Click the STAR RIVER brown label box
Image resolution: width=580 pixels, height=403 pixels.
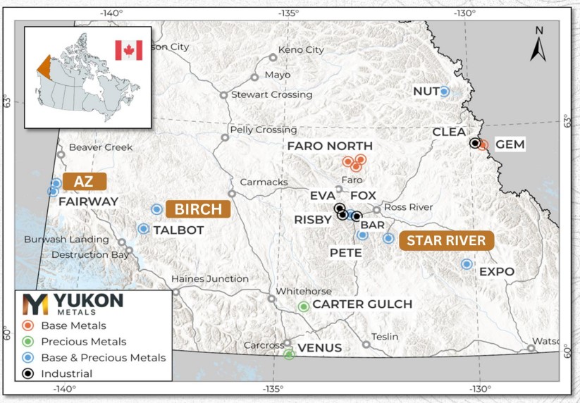point(445,241)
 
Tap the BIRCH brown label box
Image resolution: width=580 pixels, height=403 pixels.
point(198,209)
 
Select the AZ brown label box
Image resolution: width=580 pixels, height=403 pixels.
point(84,182)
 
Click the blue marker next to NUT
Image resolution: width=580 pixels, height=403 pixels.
point(445,91)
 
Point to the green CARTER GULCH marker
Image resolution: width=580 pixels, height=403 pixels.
point(304,306)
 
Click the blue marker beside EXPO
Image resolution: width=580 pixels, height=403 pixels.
point(466,264)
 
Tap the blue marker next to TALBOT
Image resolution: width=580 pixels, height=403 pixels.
point(144,229)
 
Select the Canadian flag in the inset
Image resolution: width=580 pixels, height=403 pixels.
point(128,50)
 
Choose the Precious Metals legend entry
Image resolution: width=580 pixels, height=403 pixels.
point(83,342)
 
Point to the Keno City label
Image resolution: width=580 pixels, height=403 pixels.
point(301,50)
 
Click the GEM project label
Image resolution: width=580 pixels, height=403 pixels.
point(511,144)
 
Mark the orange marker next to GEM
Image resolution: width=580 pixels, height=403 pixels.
point(483,145)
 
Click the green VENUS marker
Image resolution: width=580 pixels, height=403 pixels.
point(289,355)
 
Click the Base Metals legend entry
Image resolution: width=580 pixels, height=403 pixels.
point(73,325)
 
